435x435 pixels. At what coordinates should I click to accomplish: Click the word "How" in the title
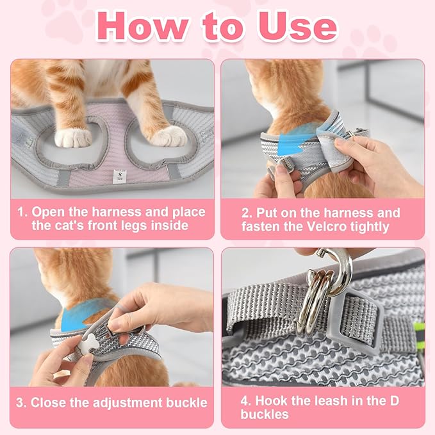pos(142,26)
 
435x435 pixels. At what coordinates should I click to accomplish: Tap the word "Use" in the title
pos(299,26)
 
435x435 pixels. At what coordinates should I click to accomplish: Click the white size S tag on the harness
pos(120,176)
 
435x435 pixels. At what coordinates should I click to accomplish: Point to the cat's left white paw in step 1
pos(72,138)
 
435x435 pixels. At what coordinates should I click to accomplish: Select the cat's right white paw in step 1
pos(169,136)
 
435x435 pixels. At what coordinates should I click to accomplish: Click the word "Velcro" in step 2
pos(327,226)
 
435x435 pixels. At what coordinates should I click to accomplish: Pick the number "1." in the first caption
pos(22,212)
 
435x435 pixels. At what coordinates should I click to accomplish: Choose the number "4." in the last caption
pos(247,401)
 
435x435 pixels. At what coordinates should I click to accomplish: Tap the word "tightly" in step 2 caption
pos(370,227)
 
